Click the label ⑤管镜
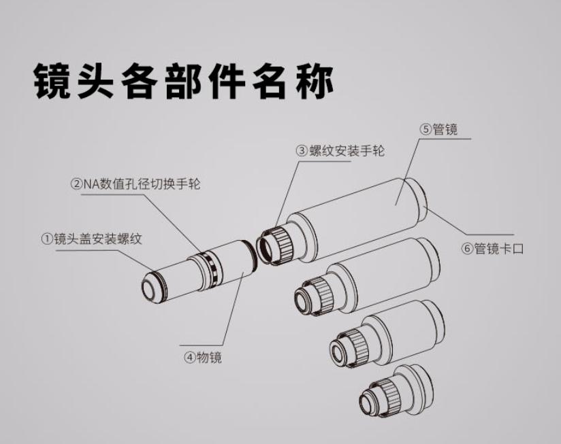(x=438, y=129)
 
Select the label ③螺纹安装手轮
(x=340, y=151)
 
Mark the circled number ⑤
(x=426, y=129)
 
